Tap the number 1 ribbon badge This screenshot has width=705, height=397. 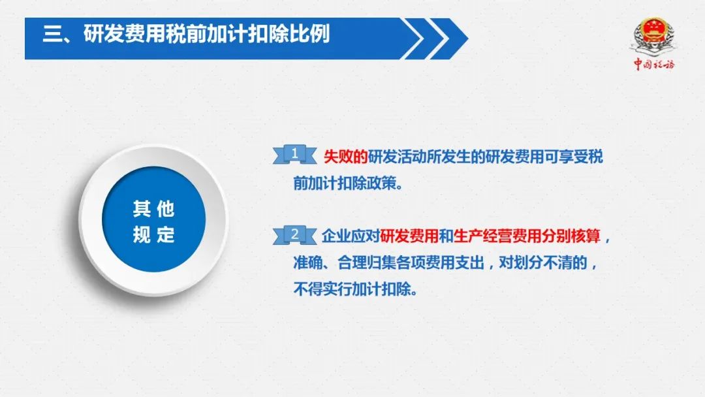click(294, 154)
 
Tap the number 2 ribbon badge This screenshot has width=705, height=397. click(294, 234)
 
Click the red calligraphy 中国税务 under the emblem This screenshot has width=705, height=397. click(654, 64)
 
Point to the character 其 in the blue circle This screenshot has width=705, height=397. click(141, 208)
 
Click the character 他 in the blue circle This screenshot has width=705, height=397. click(165, 208)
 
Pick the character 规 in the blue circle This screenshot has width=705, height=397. click(141, 234)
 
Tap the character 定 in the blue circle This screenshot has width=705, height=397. click(165, 234)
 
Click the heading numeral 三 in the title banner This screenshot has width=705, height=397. click(53, 34)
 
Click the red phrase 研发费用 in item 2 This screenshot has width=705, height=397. click(409, 236)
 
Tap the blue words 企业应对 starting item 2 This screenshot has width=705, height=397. click(351, 236)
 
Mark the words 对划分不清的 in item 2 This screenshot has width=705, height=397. click(543, 262)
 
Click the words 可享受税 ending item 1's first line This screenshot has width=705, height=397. click(574, 157)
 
